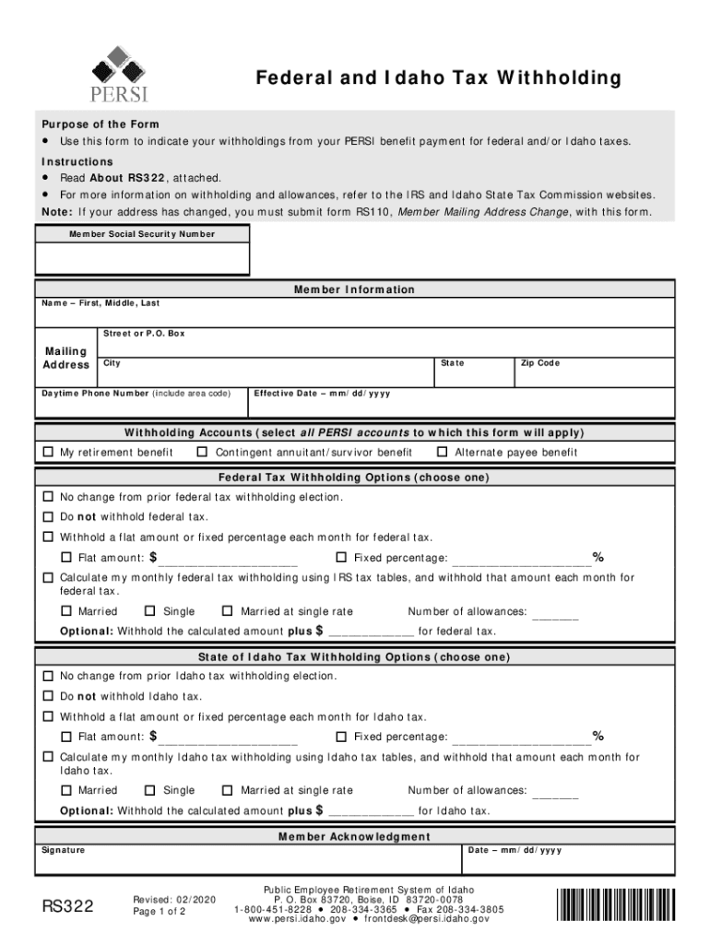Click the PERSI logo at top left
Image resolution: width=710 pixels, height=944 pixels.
tap(119, 73)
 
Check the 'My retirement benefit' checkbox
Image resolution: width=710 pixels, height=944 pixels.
tap(49, 453)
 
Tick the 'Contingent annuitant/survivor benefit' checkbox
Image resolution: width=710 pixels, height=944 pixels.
tap(203, 453)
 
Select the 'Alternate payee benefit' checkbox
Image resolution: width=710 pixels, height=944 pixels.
tap(443, 453)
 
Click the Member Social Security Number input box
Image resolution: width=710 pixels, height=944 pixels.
tap(142, 259)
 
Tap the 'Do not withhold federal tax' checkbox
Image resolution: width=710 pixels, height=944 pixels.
tap(49, 517)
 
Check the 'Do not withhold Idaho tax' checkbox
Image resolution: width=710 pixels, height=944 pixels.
tap(49, 697)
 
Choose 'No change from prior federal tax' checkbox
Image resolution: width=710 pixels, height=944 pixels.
tap(49, 498)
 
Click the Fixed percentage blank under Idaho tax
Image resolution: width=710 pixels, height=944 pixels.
tap(522, 737)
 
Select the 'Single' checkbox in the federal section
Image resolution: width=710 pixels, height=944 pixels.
tap(151, 611)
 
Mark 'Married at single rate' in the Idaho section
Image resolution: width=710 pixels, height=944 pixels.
tap(228, 790)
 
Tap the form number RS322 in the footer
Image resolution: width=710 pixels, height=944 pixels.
tap(68, 907)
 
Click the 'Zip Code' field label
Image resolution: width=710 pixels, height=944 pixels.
tap(539, 363)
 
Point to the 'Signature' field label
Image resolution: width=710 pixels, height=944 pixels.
tap(62, 850)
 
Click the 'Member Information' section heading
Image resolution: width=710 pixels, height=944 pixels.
tap(354, 289)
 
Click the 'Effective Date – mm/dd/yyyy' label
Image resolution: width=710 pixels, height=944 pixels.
tap(322, 394)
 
